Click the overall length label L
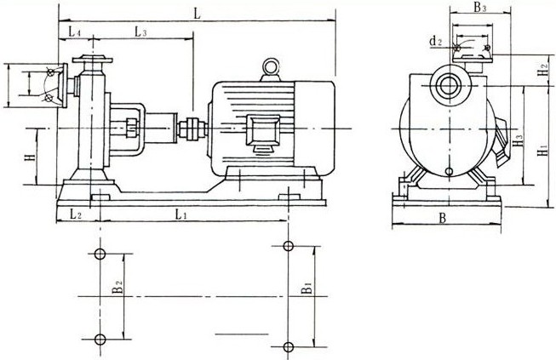coord(198,14)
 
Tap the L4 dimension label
coord(74,32)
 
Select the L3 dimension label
coord(140,32)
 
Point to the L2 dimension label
coord(76,214)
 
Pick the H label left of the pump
coord(31,157)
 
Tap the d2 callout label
coord(436,42)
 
